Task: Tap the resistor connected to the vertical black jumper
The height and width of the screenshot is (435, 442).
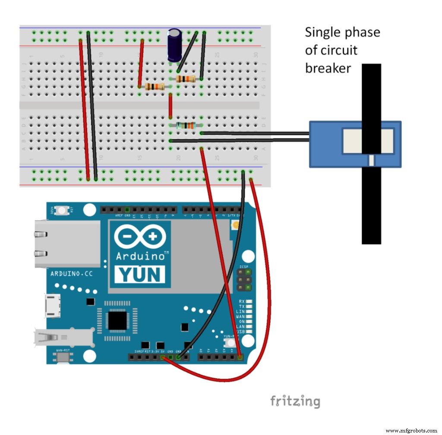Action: pyautogui.click(x=186, y=79)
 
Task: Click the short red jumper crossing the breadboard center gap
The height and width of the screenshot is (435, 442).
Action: pyautogui.click(x=170, y=106)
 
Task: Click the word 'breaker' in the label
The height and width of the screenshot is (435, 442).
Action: pyautogui.click(x=328, y=68)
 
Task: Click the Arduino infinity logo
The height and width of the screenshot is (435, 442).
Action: pyautogui.click(x=140, y=237)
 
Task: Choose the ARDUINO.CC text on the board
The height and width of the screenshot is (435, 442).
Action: pyautogui.click(x=72, y=274)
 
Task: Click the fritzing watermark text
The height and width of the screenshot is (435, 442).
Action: pyautogui.click(x=295, y=401)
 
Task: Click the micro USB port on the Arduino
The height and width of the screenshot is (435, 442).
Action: pyautogui.click(x=54, y=306)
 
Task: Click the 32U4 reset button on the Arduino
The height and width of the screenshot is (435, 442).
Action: pyautogui.click(x=63, y=210)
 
